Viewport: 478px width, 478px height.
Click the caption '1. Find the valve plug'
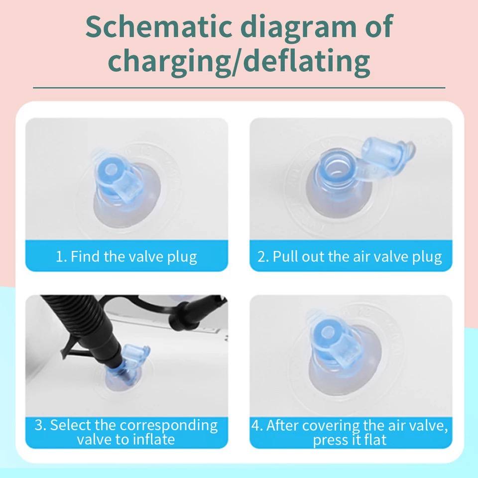(126, 256)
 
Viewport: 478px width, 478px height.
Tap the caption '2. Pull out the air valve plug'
(350, 256)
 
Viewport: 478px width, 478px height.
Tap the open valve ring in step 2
(337, 168)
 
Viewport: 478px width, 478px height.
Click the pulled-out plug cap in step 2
(387, 155)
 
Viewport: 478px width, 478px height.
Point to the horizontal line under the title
(239, 88)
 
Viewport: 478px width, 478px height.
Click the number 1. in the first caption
(61, 257)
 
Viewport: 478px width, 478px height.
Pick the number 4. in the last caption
(257, 426)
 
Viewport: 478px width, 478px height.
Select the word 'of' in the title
(378, 26)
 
